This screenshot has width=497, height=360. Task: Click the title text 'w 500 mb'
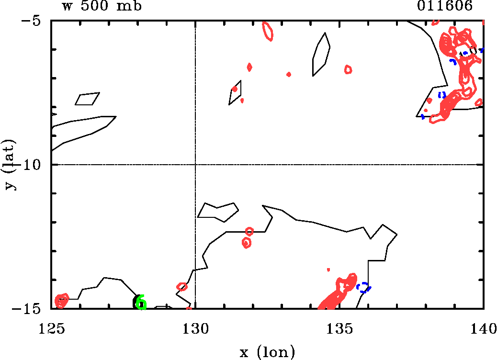pos(101,7)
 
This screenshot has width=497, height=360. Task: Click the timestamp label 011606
pos(445,7)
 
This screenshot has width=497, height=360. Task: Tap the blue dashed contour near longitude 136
pos(363,287)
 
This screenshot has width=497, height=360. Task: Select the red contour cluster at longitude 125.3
pos(61,301)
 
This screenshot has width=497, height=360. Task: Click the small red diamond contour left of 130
pos(182,287)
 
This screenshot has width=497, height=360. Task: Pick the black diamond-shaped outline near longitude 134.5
pos(320,54)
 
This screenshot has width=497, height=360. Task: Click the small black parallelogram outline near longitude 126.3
pos(87,99)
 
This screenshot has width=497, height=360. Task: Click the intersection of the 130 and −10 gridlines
pos(195,165)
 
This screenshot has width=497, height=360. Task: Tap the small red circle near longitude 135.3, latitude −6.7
pos(348,69)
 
